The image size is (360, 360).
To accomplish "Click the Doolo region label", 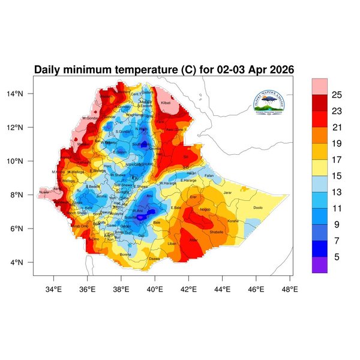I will [258, 208].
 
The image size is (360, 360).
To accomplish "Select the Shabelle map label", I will [216, 232].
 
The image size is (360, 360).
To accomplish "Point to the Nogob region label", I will [205, 209].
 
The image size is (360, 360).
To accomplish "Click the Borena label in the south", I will [125, 254].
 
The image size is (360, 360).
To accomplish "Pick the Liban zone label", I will [172, 244].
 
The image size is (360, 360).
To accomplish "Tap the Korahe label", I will [233, 221].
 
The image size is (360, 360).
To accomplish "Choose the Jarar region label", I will [227, 193].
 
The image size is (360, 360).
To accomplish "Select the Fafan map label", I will [209, 176].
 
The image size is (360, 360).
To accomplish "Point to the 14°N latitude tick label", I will [23, 94].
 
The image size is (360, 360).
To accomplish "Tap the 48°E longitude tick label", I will [290, 289].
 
